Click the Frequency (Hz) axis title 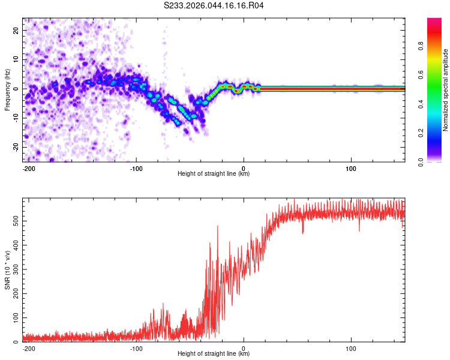pyautogui.click(x=7, y=89)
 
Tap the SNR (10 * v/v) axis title pyautogui.click(x=7, y=270)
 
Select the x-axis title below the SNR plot pyautogui.click(x=214, y=354)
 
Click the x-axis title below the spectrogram pyautogui.click(x=214, y=174)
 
